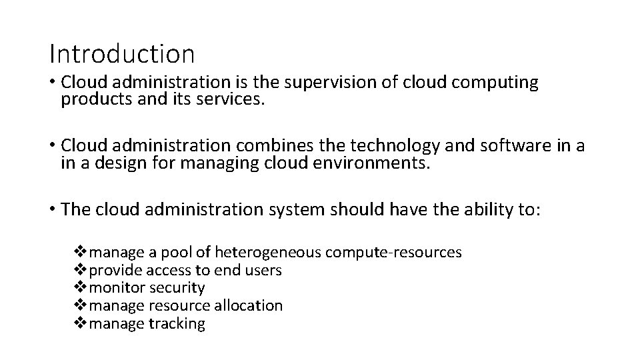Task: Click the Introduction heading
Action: pos(122,53)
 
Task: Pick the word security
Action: pos(177,289)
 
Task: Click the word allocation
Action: pos(248,306)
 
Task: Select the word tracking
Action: pos(177,324)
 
